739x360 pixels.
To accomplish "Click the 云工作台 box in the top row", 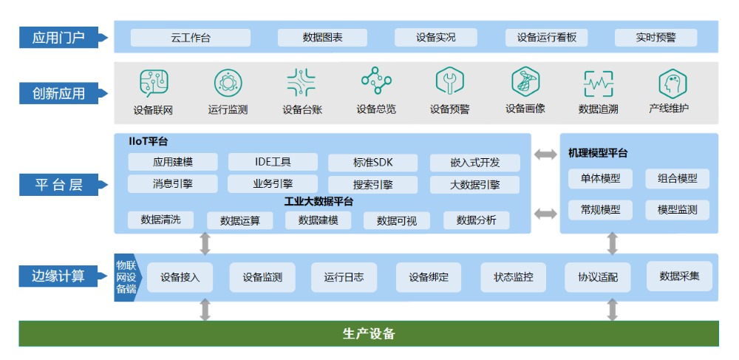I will pos(190,38).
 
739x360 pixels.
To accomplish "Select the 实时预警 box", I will pos(655,38).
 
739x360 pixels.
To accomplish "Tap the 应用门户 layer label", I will pos(58,38).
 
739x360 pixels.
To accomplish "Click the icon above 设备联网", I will pos(154,83).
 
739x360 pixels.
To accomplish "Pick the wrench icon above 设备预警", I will pos(449,82).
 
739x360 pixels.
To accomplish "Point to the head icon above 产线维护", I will pos(672,83).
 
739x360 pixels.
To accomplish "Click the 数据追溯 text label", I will pos(598,109).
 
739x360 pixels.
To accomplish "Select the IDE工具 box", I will pos(272,162).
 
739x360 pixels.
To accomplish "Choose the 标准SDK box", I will pos(372,163).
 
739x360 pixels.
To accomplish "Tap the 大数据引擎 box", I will pos(474,185).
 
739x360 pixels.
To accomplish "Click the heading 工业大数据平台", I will pos(319,201).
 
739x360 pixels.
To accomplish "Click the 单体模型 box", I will pos(599,179).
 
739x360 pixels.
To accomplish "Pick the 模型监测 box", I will pos(677,210).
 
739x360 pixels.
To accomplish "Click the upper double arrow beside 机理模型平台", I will pos(546,154).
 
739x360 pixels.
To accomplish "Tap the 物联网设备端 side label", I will pos(126,277).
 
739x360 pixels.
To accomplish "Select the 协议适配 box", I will pos(598,278).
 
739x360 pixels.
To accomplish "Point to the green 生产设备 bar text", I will pos(369,333).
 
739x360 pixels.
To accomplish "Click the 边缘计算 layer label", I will pos(58,276).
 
